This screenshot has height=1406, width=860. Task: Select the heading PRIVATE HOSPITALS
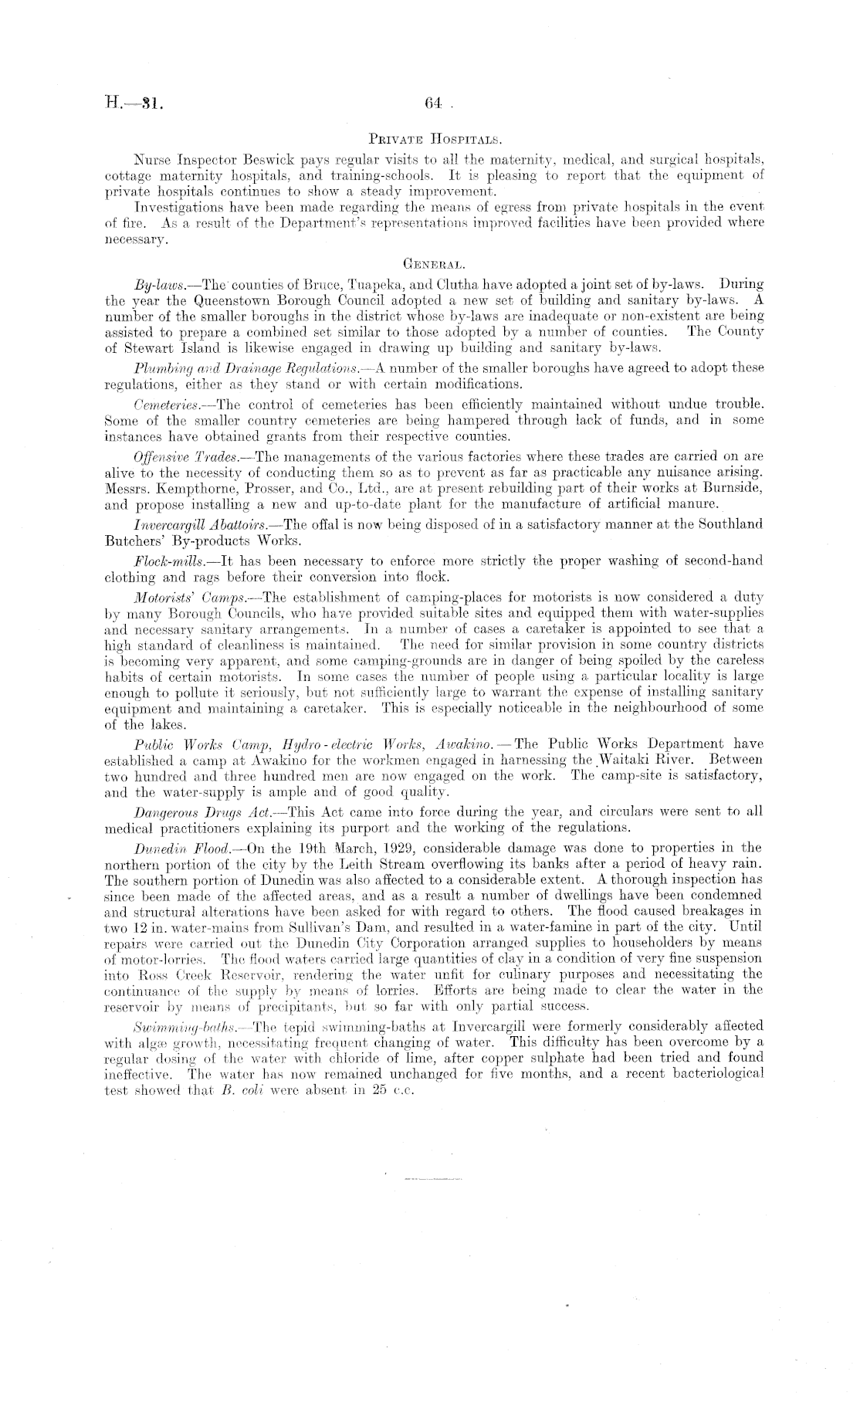point(435,140)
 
